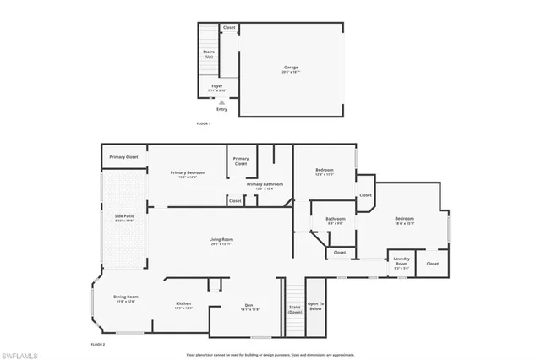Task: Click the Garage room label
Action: pyautogui.click(x=291, y=68)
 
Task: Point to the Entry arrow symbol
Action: pyautogui.click(x=221, y=101)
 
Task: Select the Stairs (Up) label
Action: pyautogui.click(x=209, y=54)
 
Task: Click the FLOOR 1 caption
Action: pyautogui.click(x=203, y=124)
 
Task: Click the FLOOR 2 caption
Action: pyautogui.click(x=97, y=345)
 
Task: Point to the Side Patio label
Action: pyautogui.click(x=124, y=218)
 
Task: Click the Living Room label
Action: pyautogui.click(x=221, y=241)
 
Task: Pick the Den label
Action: pyautogui.click(x=249, y=307)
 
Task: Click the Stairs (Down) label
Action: pyautogui.click(x=295, y=309)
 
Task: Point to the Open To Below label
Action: pyautogui.click(x=315, y=306)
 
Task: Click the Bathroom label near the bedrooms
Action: pyautogui.click(x=336, y=221)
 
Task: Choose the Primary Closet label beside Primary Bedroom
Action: pyautogui.click(x=123, y=157)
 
